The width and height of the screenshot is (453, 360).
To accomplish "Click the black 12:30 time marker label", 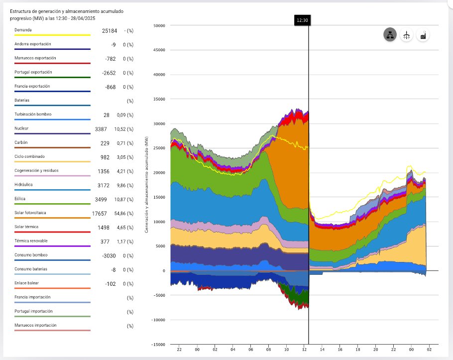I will [x=302, y=20].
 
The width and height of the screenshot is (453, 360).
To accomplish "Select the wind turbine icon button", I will [x=407, y=35].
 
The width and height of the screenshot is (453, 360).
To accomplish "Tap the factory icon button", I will [x=423, y=35].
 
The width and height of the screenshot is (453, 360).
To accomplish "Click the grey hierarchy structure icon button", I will [x=390, y=35].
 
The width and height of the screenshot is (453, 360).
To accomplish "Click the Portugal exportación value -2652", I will [x=108, y=73].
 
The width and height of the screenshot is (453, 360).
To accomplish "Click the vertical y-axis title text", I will [x=147, y=184].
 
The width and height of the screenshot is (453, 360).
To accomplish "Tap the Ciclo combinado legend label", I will [x=30, y=156].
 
